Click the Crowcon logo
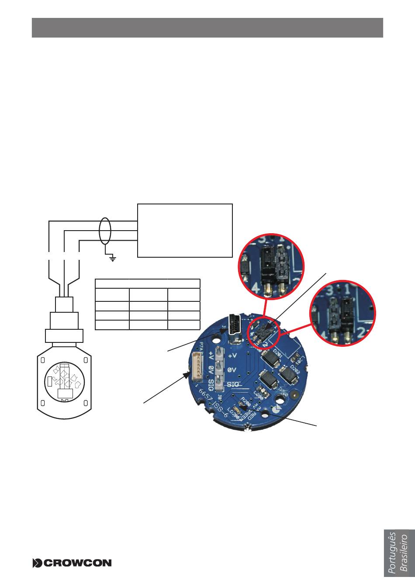(72, 563)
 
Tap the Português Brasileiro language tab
(398, 553)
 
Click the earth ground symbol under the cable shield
(113, 259)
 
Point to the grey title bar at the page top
(207, 28)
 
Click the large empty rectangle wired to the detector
(185, 230)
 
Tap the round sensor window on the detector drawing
(64, 381)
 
